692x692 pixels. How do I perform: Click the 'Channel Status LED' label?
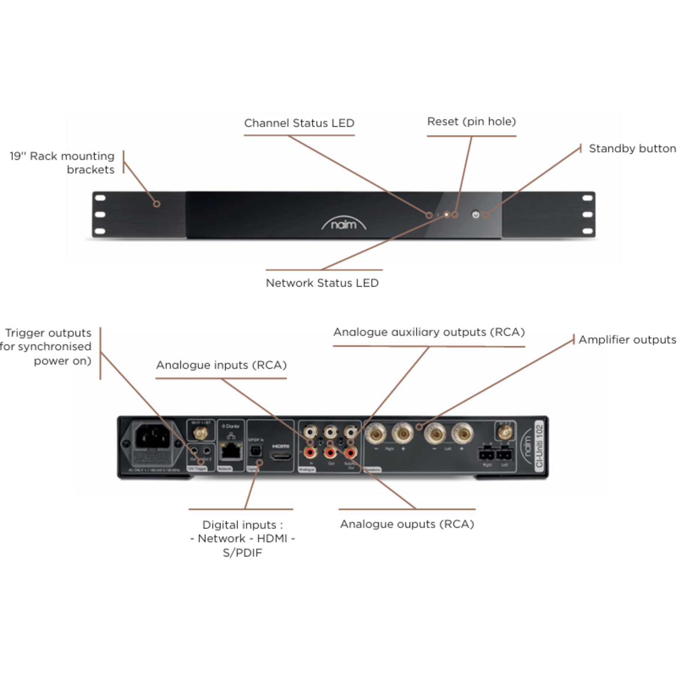click(x=299, y=123)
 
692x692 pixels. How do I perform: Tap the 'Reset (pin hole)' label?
click(x=471, y=121)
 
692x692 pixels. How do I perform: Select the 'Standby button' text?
click(x=632, y=149)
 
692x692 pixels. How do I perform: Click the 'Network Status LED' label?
click(x=322, y=283)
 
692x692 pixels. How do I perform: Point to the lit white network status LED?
click(x=447, y=214)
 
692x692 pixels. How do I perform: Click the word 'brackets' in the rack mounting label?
click(x=90, y=170)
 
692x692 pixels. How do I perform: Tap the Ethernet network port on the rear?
click(x=231, y=451)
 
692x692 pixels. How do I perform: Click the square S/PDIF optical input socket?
click(x=255, y=451)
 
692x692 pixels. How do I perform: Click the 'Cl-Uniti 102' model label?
click(x=539, y=446)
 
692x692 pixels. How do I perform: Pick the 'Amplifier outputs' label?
click(x=627, y=340)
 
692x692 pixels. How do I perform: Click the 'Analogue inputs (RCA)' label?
click(x=221, y=365)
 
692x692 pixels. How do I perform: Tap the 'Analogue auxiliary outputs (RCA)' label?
click(x=429, y=332)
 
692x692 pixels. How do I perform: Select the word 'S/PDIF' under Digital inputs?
click(x=242, y=553)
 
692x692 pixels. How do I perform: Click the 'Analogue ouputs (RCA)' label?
click(x=407, y=524)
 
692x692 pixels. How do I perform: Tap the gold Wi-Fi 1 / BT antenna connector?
click(x=200, y=433)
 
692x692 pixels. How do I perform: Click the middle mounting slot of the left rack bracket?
click(x=100, y=214)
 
